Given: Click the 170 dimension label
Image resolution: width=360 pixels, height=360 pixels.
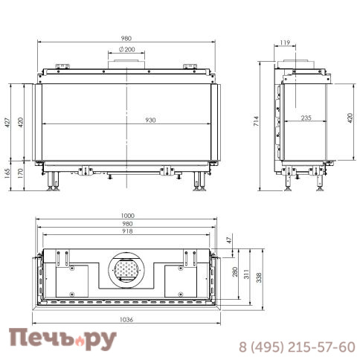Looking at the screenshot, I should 22,172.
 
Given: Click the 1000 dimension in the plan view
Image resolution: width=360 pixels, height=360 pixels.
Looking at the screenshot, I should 128,216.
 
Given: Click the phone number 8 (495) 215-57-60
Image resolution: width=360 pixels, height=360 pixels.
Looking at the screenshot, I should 296,347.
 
